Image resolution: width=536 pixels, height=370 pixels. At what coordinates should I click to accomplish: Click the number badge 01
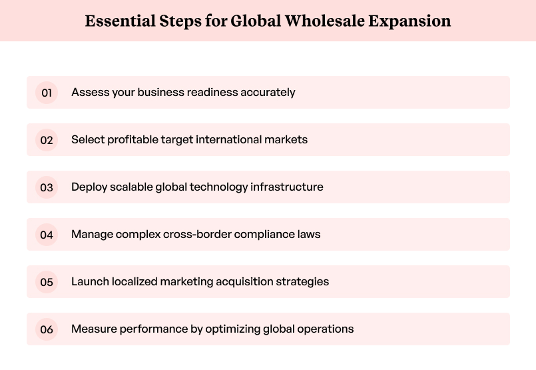pos(47,93)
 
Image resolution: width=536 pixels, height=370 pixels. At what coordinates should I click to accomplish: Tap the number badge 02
pos(47,140)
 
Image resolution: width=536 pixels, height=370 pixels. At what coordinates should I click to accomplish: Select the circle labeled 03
pos(47,187)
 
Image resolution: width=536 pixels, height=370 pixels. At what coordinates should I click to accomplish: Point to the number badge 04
pos(47,235)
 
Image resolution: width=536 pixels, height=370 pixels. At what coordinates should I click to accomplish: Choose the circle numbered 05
pos(47,282)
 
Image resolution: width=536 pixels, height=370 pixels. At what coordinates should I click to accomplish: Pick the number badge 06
pos(47,329)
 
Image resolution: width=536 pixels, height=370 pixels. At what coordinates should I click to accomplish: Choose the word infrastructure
pos(287,187)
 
